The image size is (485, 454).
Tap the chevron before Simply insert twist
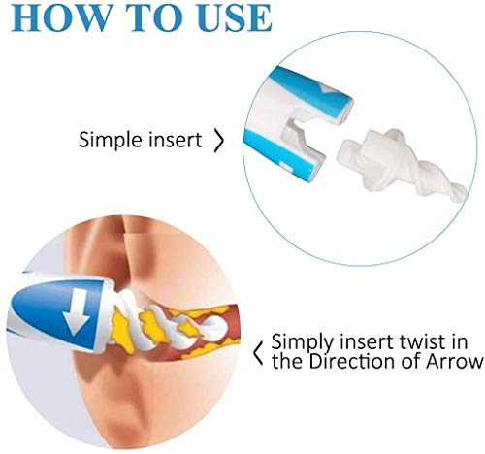259,352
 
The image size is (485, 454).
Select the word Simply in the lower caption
300,342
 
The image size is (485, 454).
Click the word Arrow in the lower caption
456,363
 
